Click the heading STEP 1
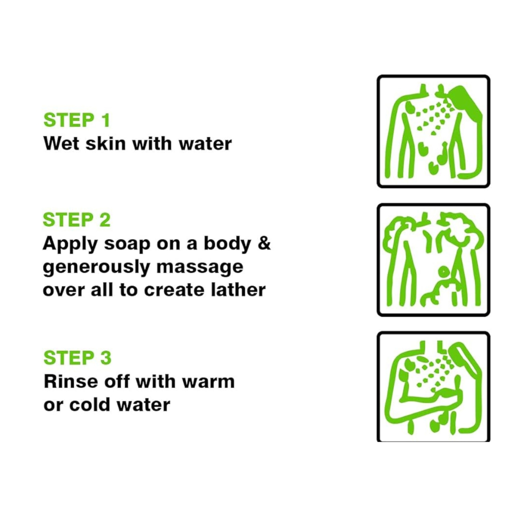point(77,120)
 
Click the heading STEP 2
point(77,220)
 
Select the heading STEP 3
point(77,358)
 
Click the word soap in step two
point(127,244)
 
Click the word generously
point(96,268)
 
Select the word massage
point(200,268)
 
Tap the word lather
point(238,289)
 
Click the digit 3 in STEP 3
point(106,358)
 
